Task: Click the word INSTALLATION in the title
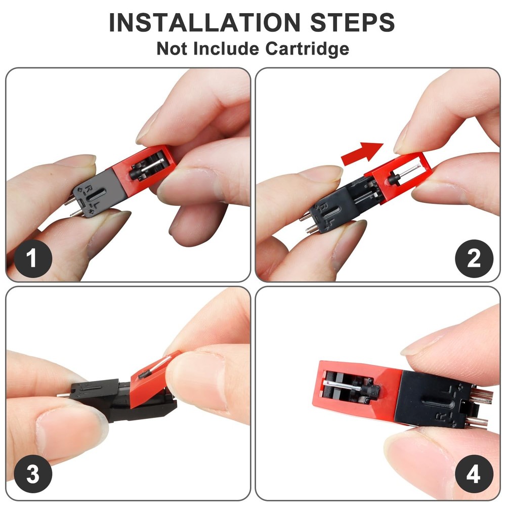(205, 22)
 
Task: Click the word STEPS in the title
(353, 22)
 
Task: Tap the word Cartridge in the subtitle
(307, 49)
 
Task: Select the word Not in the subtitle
(172, 49)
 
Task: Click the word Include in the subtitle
(226, 49)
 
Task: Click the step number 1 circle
(32, 259)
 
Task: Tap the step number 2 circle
(474, 259)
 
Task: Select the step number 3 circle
(32, 474)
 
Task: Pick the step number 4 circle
(474, 474)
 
